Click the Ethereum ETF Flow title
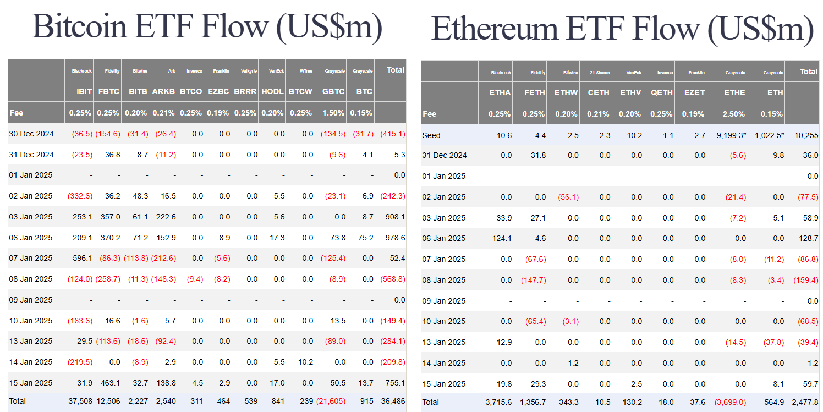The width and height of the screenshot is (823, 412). [622, 29]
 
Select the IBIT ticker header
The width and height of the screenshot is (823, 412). [84, 92]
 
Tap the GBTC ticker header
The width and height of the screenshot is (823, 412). [333, 92]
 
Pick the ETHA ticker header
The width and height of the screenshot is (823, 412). [500, 92]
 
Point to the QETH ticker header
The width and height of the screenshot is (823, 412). [662, 92]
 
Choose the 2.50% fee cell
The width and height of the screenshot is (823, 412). [734, 114]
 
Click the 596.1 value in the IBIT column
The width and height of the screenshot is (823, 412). [82, 258]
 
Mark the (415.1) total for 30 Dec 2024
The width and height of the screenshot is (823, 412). [392, 134]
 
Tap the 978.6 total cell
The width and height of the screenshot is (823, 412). [395, 238]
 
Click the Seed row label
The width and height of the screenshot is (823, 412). [431, 135]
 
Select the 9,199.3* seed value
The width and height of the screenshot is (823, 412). [732, 135]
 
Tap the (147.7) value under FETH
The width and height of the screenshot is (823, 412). [533, 280]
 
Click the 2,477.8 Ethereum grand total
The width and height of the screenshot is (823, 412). [804, 402]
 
